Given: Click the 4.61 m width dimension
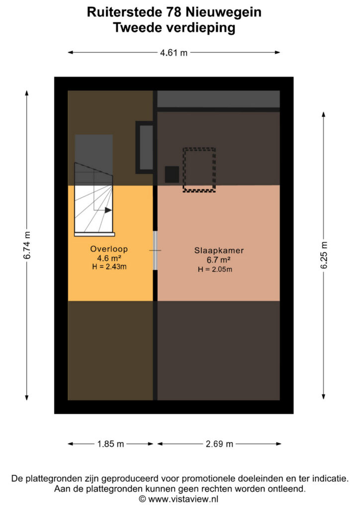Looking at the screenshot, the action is [x=174, y=52].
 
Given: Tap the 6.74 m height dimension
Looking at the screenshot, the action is [x=27, y=245].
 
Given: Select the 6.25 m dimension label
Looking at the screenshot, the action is [x=324, y=255].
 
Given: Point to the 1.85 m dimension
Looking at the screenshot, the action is [x=111, y=444].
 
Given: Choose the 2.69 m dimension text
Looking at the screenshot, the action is [x=219, y=444].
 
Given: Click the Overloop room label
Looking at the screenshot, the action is [x=109, y=249].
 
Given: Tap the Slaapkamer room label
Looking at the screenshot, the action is [x=219, y=251].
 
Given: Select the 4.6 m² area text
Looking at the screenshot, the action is [x=109, y=258].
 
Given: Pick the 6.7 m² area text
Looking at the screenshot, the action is [x=218, y=259].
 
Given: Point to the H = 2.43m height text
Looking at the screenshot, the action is [x=109, y=267].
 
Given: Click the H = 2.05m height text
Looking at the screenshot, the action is [x=215, y=269].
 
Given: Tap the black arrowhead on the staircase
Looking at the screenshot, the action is [x=108, y=210].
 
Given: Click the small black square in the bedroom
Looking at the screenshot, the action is [x=172, y=174].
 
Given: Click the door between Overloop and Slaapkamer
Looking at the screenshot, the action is [x=155, y=251].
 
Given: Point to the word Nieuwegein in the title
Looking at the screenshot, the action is [x=224, y=12].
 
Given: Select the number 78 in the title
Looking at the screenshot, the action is [x=174, y=12].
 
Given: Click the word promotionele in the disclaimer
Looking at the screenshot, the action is [x=208, y=479].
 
